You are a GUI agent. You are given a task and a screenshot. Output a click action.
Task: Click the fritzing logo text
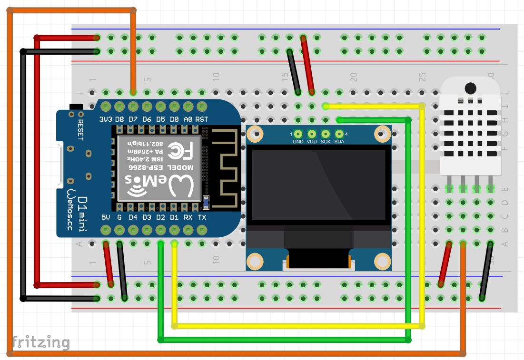click(41, 342)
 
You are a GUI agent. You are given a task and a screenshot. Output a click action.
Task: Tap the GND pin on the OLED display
click(298, 135)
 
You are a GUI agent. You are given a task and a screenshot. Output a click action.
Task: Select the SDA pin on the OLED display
click(339, 135)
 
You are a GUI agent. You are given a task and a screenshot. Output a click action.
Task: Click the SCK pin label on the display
click(326, 142)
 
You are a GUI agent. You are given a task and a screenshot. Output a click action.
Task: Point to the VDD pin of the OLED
click(312, 135)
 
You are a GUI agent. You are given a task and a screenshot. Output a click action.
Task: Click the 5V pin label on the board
click(106, 218)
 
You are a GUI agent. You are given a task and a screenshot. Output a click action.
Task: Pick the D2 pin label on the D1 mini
click(161, 218)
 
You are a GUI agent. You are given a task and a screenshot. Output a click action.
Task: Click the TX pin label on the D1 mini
click(202, 218)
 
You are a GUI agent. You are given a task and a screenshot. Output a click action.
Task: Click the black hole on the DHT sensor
click(470, 88)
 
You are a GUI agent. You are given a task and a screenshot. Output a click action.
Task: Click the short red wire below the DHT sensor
click(445, 264)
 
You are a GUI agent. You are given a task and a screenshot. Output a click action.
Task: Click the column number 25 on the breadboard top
click(422, 76)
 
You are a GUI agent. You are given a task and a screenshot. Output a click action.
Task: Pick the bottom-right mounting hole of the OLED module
click(383, 261)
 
